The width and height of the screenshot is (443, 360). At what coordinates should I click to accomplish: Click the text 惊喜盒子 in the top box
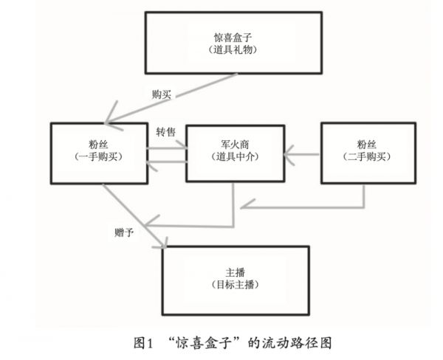[x=233, y=36]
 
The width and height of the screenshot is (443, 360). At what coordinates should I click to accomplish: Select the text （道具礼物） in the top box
[x=233, y=49]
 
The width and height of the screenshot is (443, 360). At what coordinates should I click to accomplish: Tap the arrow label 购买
[x=162, y=95]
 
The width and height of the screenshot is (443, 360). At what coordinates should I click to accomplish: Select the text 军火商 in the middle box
[x=233, y=143]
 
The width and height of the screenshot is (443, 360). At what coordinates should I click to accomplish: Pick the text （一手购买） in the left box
[x=98, y=156]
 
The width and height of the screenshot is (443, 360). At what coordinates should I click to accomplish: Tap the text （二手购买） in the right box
[x=367, y=156]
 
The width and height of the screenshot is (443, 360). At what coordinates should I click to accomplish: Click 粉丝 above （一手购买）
[x=98, y=142]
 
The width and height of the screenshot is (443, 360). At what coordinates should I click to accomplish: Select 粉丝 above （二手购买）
[x=367, y=143]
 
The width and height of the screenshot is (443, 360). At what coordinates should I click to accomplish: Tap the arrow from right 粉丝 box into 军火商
[x=303, y=155]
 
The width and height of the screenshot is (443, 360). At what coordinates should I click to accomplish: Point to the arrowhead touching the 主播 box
[x=164, y=243]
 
